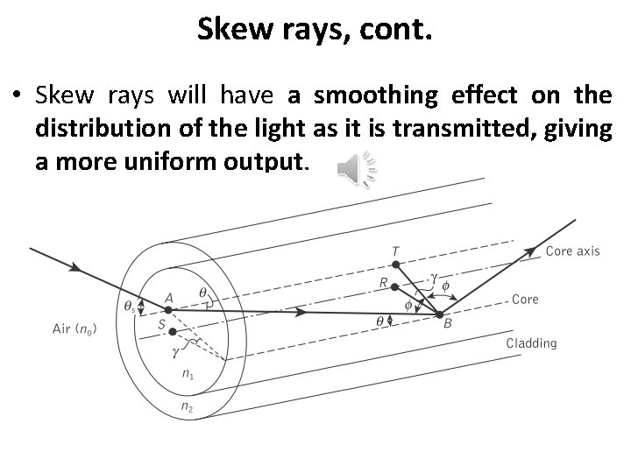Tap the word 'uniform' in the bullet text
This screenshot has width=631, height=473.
[x=171, y=162]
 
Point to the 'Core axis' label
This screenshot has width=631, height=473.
[x=572, y=251]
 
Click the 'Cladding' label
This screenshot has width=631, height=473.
[x=531, y=343]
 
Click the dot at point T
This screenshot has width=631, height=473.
[x=396, y=264]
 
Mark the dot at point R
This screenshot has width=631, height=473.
[x=396, y=286]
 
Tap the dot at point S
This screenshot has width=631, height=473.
[x=173, y=331]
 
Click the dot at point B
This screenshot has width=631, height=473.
[x=438, y=314]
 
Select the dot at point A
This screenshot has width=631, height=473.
[x=168, y=307]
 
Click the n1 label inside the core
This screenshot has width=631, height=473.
[x=188, y=374]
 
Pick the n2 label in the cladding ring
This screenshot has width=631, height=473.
[x=188, y=407]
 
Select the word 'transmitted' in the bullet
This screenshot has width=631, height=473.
[x=462, y=128]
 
